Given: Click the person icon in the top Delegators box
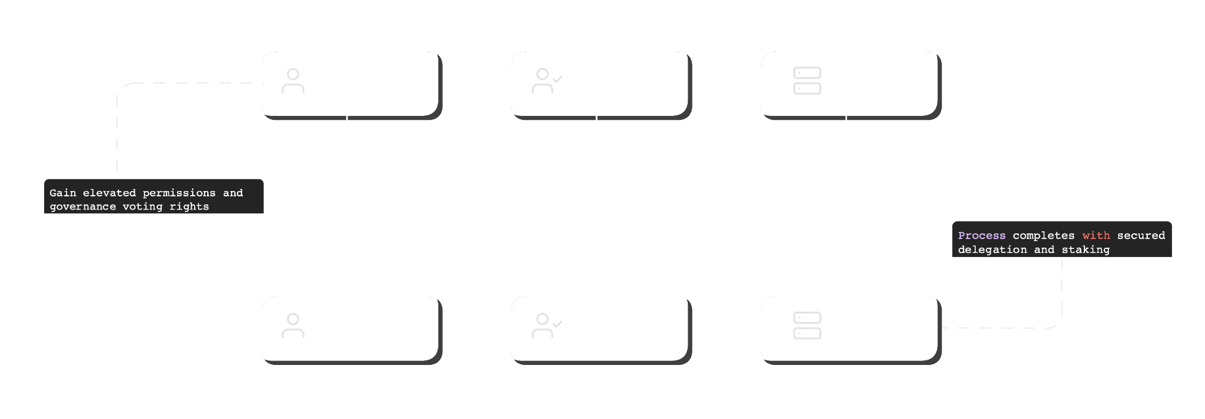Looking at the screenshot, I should point(293,80).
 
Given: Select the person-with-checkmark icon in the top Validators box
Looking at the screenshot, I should point(546,80).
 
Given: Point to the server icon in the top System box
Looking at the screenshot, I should point(807,80).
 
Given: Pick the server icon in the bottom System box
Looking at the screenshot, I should point(807,325).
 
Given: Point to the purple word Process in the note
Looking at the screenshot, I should point(981,236).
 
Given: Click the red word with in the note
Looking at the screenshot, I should point(1096,236).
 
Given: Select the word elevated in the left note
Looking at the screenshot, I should point(109,193).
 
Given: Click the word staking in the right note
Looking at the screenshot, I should point(1085,250).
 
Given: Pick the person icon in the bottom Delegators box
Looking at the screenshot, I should point(293,325).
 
